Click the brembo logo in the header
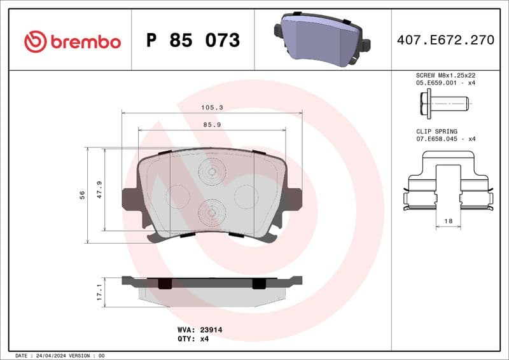point(72,42)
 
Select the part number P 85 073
point(193,41)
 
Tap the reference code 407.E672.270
point(445,40)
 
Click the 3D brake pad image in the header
point(322,39)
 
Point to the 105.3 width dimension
point(212,108)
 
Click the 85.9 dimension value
point(212,125)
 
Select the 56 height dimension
point(82,195)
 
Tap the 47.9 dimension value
point(99,190)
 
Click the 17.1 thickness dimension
point(99,293)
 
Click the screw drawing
point(443,102)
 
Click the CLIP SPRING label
point(432,130)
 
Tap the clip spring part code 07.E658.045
point(436,138)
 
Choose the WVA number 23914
point(209,330)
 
